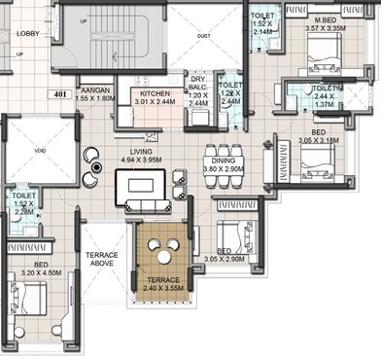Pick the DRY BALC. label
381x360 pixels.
pos(197,83)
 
